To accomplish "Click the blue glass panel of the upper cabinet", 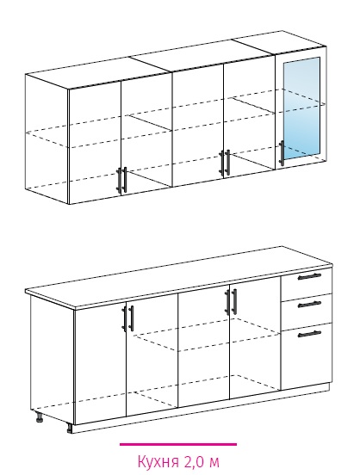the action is tap(301, 108).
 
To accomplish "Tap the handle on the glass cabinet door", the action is tap(282, 153).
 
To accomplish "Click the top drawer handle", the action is tap(309, 276).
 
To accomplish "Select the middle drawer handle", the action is tap(309, 304).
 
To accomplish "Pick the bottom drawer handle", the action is tap(309, 334).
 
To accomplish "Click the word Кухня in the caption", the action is tap(158, 461).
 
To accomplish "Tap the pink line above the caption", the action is tap(178, 444).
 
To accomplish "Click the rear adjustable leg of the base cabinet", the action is tap(39, 416).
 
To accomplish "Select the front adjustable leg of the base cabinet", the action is tap(70, 428).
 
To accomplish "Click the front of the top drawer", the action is tap(306, 281).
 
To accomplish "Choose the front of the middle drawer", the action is tap(306, 311).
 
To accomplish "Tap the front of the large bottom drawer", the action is tap(306, 356).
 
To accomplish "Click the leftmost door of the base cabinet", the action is tap(100, 363).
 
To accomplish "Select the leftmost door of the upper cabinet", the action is tap(95, 142).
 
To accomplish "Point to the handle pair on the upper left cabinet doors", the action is tap(121, 180).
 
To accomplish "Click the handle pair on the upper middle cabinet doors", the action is tap(225, 163).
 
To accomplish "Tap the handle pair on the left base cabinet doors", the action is tap(127, 318).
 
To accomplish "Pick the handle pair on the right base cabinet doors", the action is tap(231, 302).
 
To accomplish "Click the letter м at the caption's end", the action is tap(214, 463).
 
